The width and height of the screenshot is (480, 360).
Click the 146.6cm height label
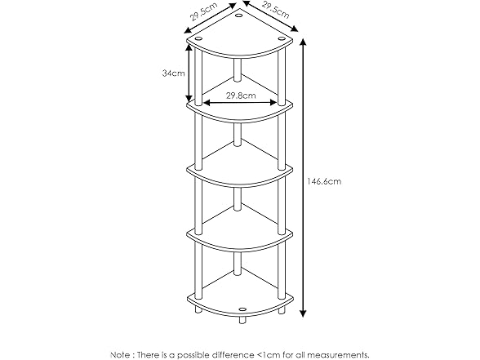[324, 181]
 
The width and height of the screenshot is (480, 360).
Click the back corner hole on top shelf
[238, 15]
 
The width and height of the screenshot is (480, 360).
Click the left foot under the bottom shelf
[198, 312]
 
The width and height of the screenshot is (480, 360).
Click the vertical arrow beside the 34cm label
[190, 73]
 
